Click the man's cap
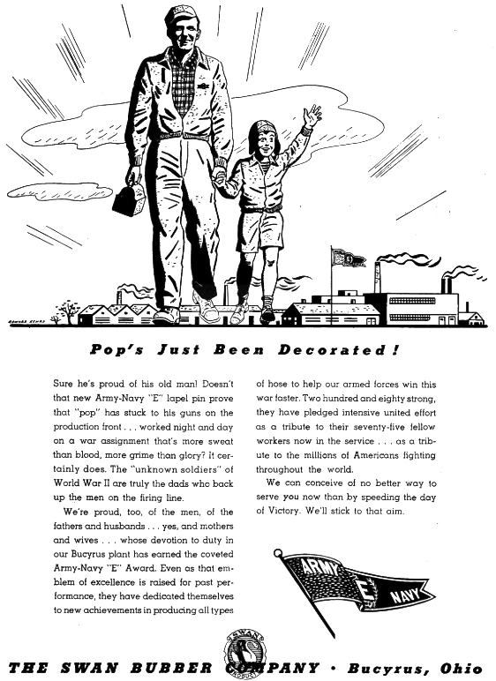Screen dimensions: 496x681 click(x=182, y=16)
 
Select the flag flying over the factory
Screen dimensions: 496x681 click(x=348, y=258)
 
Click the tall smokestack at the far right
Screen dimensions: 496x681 click(x=447, y=284)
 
